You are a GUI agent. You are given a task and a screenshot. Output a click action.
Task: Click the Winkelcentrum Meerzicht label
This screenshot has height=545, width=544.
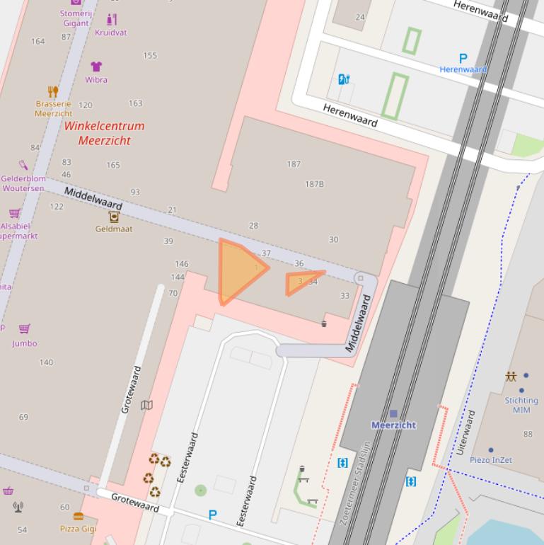[x=104, y=133]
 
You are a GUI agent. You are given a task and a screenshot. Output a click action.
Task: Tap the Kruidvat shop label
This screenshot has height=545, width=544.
[x=111, y=33]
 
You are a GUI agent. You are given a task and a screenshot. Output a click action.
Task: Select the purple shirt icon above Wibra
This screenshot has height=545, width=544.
[x=97, y=67]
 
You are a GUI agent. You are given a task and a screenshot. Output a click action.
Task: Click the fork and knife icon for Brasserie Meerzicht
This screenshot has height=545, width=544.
[x=53, y=91]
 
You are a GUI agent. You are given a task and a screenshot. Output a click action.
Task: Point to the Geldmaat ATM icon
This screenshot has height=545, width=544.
[x=114, y=217]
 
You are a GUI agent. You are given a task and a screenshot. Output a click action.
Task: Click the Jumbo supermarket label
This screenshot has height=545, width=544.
[x=25, y=343]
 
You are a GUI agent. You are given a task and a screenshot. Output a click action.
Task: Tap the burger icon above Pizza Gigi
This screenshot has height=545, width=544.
[x=78, y=517]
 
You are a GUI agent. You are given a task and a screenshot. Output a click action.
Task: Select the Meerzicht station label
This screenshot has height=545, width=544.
[x=393, y=425]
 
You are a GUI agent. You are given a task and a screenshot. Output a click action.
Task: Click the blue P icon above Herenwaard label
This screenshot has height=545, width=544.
[x=463, y=59]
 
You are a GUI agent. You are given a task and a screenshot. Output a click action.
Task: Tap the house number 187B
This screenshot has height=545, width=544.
[x=314, y=184]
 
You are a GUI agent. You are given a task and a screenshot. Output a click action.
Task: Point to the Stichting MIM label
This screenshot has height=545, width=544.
[x=521, y=405]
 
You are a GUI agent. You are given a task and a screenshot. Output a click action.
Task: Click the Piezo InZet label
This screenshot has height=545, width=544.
[x=491, y=460]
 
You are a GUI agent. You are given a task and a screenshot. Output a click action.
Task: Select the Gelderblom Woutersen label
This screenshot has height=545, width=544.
[x=23, y=183]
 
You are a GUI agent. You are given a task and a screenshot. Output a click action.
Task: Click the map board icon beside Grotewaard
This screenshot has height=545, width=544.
[x=146, y=406]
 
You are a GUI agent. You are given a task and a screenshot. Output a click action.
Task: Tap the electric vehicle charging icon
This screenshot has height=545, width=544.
[x=344, y=79]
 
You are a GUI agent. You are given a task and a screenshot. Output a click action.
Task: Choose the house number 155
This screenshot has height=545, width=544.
[x=150, y=55]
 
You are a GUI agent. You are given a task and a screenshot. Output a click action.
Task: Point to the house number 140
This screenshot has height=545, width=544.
[x=46, y=362]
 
